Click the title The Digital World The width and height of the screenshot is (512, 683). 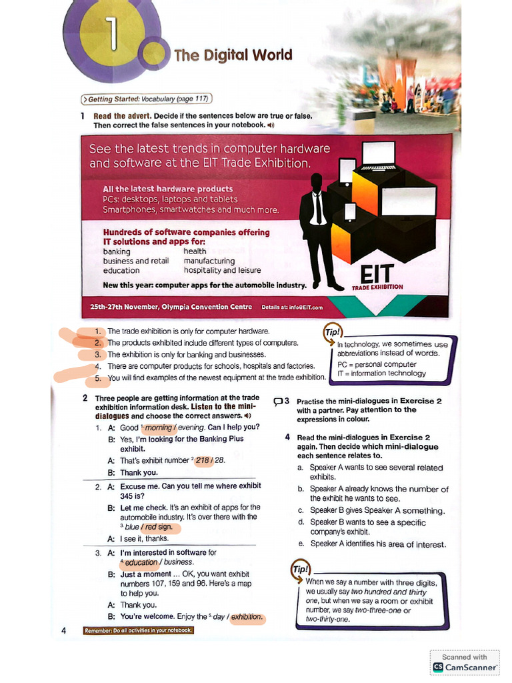(233, 55)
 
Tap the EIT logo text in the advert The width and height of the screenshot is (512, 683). (377, 274)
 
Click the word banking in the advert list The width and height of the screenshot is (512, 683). (117, 252)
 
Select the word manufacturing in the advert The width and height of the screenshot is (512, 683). (209, 261)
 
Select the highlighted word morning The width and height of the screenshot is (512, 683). (158, 428)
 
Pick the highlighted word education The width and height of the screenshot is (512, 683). (141, 562)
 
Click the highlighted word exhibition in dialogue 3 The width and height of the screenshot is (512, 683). (247, 617)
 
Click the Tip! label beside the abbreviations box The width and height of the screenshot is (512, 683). (331, 331)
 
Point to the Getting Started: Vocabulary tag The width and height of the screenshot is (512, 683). (146, 99)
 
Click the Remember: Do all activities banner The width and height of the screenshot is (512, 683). (138, 630)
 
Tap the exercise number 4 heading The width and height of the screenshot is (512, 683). (287, 438)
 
